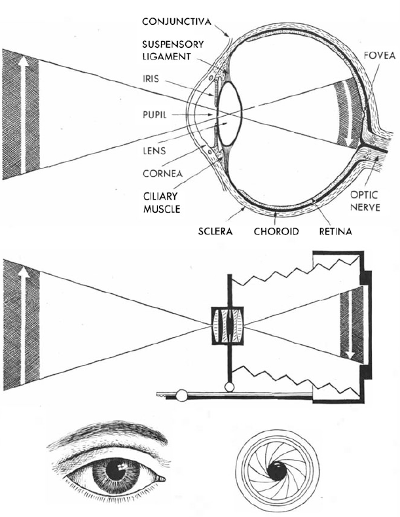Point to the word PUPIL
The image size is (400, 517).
point(155,114)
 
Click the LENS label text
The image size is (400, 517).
point(155,150)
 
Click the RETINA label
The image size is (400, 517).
point(334,231)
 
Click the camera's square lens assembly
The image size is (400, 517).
point(228,326)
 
